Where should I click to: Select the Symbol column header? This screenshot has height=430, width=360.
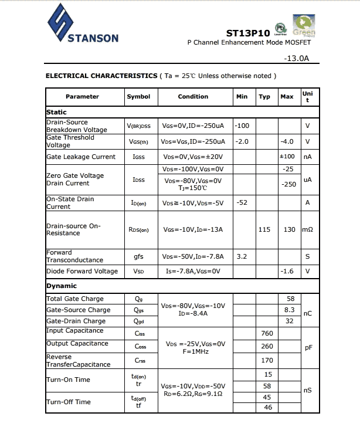click(x=138, y=97)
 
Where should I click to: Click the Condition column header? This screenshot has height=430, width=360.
click(x=193, y=97)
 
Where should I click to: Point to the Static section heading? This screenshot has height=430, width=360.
click(x=57, y=112)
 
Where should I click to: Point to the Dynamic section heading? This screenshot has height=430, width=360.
click(x=62, y=286)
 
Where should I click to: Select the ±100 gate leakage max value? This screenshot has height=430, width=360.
click(x=287, y=157)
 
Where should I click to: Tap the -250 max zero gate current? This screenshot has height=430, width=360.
click(x=288, y=184)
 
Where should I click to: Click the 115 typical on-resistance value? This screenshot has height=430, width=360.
click(x=264, y=229)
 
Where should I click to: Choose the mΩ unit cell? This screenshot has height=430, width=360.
click(x=307, y=229)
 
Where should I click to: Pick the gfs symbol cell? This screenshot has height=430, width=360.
click(x=138, y=256)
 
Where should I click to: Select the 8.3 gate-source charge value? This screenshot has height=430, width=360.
click(x=289, y=310)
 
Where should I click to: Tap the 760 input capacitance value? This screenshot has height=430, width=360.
click(x=267, y=333)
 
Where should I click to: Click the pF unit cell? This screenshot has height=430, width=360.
click(x=308, y=347)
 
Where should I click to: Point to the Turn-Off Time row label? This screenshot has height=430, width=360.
click(x=69, y=402)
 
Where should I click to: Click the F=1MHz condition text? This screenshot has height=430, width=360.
click(x=193, y=351)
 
